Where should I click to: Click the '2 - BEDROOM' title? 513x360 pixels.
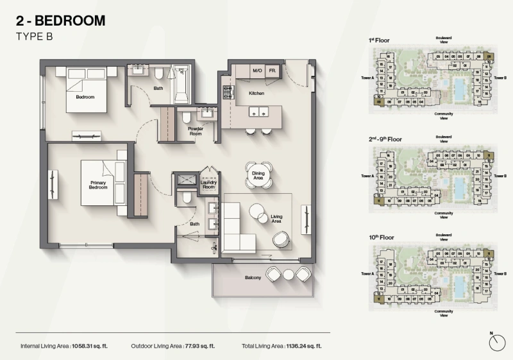click(60, 21)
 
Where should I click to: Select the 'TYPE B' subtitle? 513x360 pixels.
click(33, 37)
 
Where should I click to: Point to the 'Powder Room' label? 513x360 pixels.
click(195, 130)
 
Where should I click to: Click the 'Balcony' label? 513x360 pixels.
click(252, 278)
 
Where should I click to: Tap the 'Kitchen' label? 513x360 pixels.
click(258, 93)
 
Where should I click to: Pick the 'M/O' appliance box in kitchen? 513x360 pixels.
click(258, 71)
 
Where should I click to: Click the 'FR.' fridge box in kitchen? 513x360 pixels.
click(273, 71)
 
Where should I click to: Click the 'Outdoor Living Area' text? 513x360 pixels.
click(156, 346)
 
